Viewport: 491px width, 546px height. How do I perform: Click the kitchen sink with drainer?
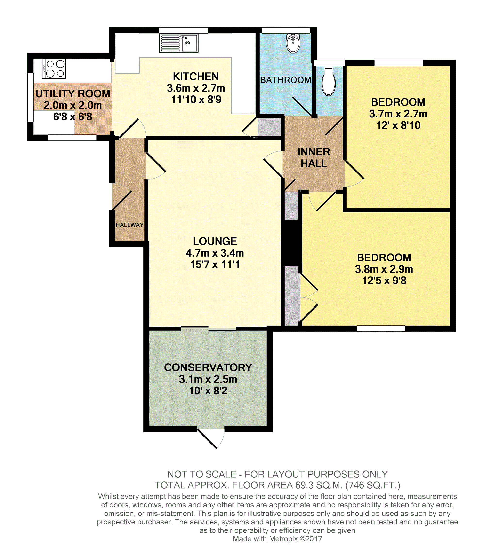[179, 43]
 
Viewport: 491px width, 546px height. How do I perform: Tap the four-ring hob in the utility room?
[54, 69]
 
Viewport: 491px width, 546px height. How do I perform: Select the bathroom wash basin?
[293, 43]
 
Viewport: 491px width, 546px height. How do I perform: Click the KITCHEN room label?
[196, 76]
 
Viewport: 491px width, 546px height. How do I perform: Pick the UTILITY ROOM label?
[73, 94]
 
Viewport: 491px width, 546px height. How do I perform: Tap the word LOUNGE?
[215, 241]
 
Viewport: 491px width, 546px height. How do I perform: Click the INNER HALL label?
[314, 157]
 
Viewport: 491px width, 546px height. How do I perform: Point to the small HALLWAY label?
[129, 225]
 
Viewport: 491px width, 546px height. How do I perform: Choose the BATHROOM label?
[285, 80]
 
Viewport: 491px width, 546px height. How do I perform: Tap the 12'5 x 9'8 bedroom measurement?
[384, 281]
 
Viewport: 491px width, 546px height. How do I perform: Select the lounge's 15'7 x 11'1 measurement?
[215, 264]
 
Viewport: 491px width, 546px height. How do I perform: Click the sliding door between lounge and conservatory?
[208, 328]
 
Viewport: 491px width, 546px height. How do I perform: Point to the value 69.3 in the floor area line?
[304, 485]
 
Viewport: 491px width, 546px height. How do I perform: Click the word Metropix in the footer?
[283, 539]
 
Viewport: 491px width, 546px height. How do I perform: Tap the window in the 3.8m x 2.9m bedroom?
[381, 328]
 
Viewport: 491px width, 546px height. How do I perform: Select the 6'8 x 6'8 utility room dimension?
[72, 117]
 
